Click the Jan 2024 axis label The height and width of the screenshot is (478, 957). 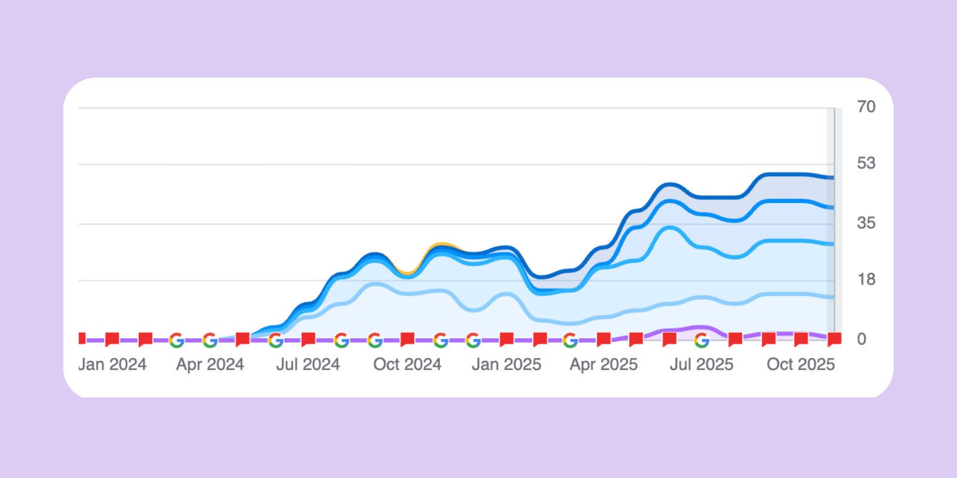tap(112, 364)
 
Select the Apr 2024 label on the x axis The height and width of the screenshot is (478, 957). tap(210, 364)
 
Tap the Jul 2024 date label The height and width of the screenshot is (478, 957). tap(307, 364)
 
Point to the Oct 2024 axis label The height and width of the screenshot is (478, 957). tap(407, 364)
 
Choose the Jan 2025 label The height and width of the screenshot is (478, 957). tap(506, 364)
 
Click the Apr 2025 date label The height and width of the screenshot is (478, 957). tap(604, 364)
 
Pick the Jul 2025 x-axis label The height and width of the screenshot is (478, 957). tap(701, 364)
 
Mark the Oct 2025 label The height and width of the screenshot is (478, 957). tap(800, 364)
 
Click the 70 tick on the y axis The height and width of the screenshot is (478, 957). tap(865, 107)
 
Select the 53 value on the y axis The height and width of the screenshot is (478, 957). tap(865, 163)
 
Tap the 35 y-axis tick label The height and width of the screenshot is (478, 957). tap(865, 223)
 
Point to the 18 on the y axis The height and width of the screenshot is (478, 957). tap(865, 279)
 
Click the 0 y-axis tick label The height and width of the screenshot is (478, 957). tap(861, 339)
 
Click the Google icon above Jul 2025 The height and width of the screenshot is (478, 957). tap(702, 340)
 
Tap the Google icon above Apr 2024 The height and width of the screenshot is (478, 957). tap(209, 340)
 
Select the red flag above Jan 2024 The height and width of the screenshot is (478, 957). tap(112, 339)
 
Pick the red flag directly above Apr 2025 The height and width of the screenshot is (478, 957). tap(604, 339)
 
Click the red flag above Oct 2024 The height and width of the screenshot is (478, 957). tap(407, 339)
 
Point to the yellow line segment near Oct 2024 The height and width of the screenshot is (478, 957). tap(442, 244)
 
